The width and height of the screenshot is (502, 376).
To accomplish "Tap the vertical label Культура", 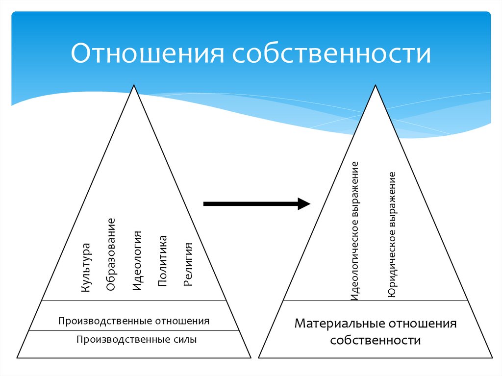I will [86, 268].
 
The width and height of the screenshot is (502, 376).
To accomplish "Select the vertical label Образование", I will [111, 255].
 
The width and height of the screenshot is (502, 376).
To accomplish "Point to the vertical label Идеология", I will [138, 261].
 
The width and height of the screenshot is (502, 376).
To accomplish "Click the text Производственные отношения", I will [134, 322].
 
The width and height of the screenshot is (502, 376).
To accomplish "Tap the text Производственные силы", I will [136, 339].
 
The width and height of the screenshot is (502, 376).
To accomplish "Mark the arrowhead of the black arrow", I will [304, 203].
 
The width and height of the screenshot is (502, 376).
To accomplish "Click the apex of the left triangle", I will [133, 85].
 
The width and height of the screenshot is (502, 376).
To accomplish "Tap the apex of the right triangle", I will [375, 85].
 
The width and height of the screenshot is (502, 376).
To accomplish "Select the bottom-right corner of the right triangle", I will [492, 357].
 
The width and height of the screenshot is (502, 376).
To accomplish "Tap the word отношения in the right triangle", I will [423, 324].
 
